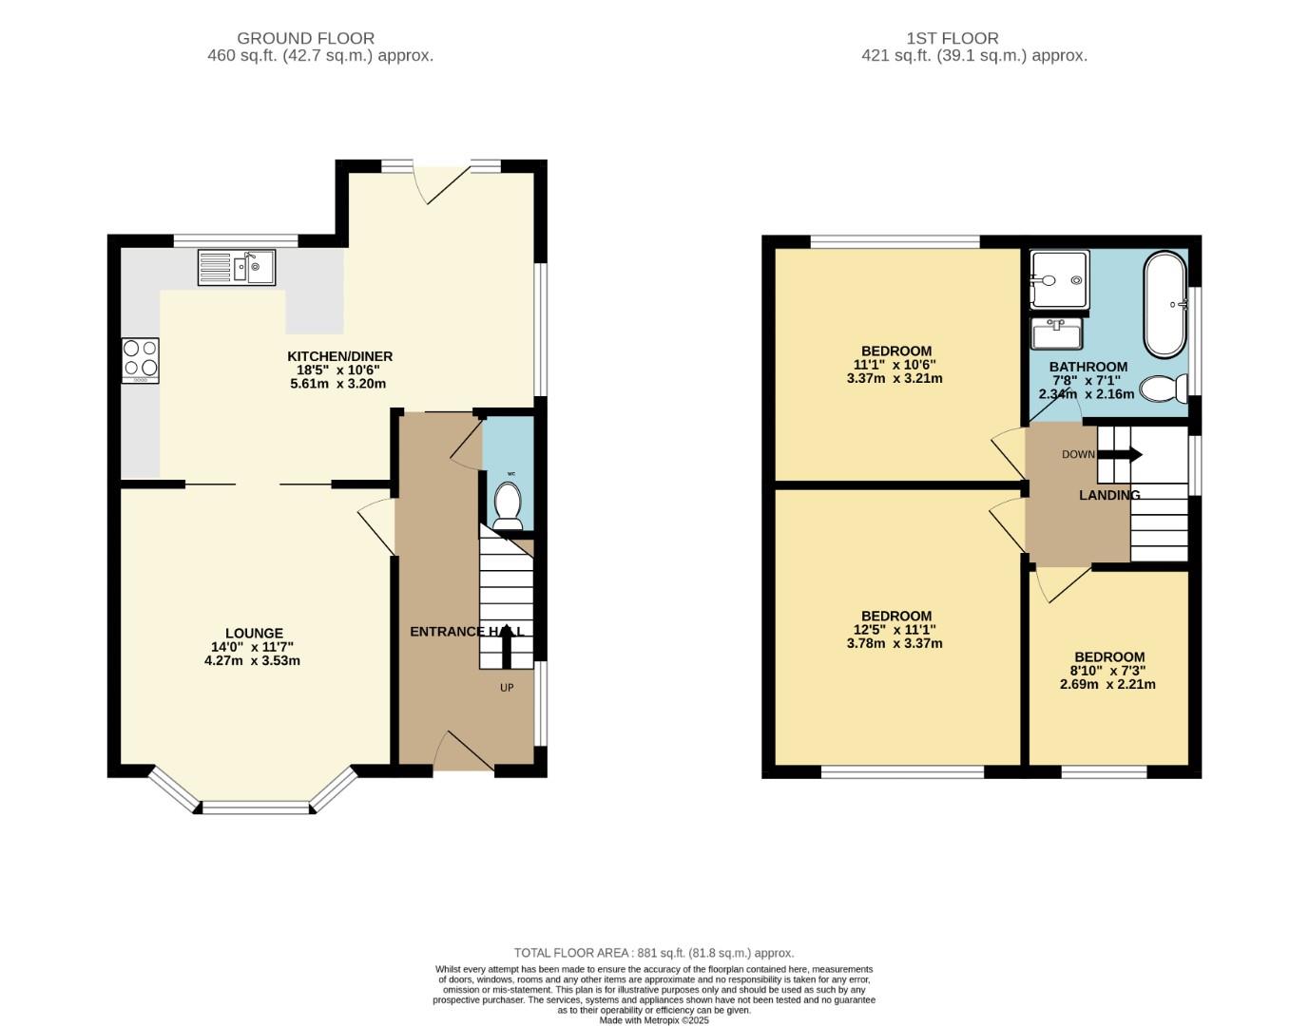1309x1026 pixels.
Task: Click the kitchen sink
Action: coord(236,267)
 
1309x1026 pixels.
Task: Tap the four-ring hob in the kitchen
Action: coord(140,360)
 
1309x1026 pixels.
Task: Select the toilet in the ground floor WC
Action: coord(508,505)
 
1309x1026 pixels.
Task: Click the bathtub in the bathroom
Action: coord(1165,304)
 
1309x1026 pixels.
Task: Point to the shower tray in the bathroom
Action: coord(1059,280)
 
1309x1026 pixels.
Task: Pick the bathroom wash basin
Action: coord(1055,334)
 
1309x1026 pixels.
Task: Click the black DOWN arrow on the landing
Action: coord(1119,454)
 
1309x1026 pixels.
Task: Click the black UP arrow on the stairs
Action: coord(506,651)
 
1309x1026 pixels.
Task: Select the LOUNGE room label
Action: coord(254,634)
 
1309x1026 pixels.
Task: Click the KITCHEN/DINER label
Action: coord(339,356)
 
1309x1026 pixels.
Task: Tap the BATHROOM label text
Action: coord(1088,367)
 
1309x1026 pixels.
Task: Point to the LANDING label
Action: coord(1108,495)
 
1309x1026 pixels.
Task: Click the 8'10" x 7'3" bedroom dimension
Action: coord(1108,671)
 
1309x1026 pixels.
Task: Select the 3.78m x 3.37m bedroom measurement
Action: coord(894,643)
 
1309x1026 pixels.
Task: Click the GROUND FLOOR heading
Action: coord(305,38)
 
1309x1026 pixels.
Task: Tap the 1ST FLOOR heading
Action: coord(952,38)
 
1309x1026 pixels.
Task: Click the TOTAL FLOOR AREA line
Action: coord(653,953)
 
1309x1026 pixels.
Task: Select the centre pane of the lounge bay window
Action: coord(257,807)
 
